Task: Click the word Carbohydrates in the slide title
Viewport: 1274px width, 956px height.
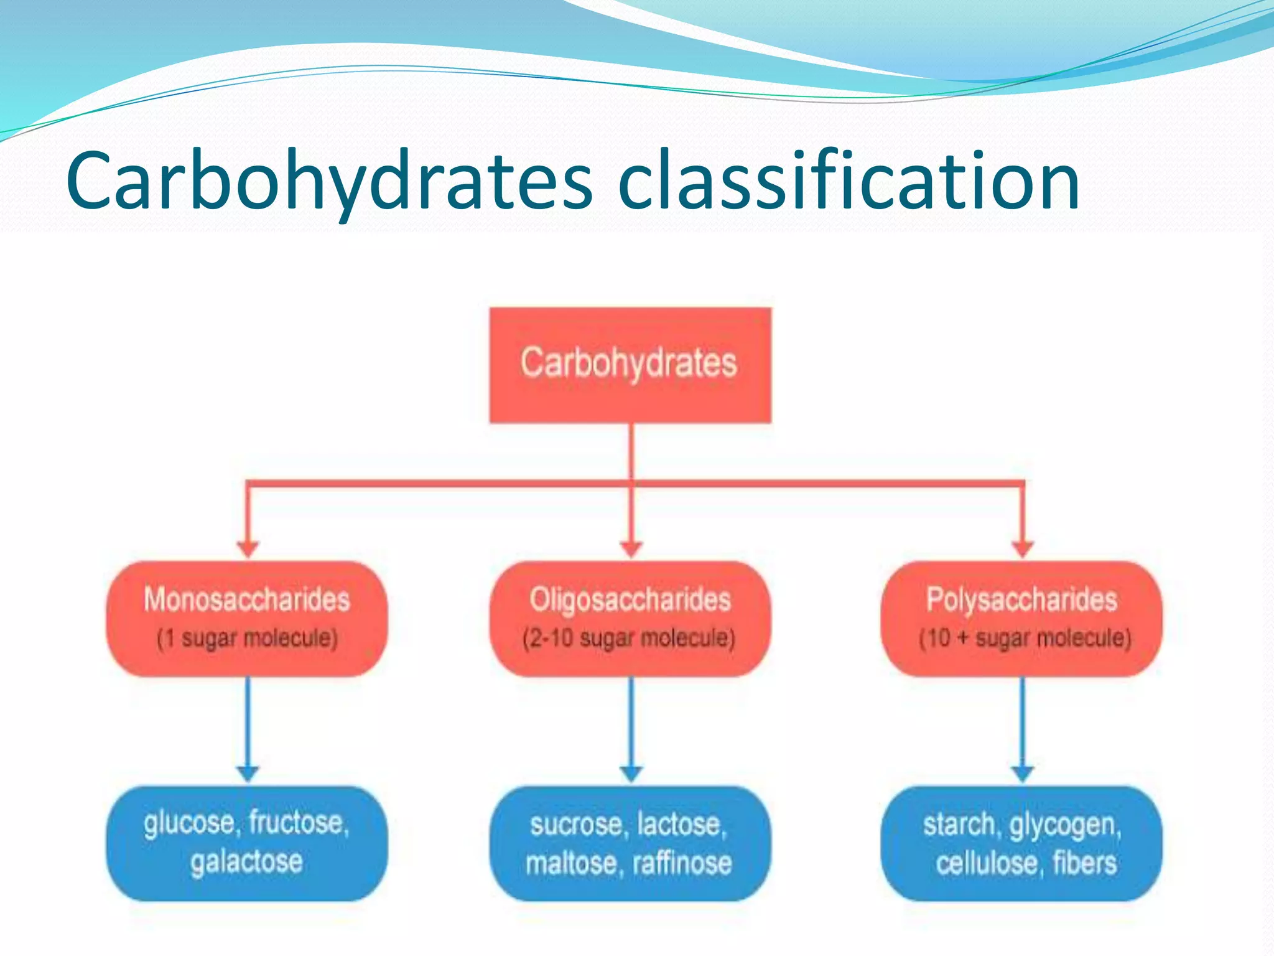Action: pyautogui.click(x=330, y=182)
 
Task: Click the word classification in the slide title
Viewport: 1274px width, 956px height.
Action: pyautogui.click(x=849, y=182)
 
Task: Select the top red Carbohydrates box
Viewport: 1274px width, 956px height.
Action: pyautogui.click(x=630, y=365)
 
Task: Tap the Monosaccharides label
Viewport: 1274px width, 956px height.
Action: pyautogui.click(x=247, y=599)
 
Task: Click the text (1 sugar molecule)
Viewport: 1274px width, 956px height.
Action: pyautogui.click(x=247, y=639)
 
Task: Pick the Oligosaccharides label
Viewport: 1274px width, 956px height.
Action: pyautogui.click(x=630, y=599)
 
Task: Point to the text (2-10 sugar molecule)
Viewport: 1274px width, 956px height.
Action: pyautogui.click(x=629, y=639)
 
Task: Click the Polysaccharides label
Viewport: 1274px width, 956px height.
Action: pyautogui.click(x=1021, y=599)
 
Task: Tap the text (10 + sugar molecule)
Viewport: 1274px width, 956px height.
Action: pyautogui.click(x=1025, y=639)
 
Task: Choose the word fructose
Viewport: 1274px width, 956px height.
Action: pyautogui.click(x=299, y=823)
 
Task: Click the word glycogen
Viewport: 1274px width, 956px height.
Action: pyautogui.click(x=1065, y=825)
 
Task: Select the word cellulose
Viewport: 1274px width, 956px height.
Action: pyautogui.click(x=987, y=863)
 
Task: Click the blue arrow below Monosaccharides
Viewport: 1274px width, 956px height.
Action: pyautogui.click(x=248, y=728)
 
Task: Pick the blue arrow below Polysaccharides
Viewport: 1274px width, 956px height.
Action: pyautogui.click(x=1022, y=728)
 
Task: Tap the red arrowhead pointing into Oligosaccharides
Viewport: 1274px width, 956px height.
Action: pyautogui.click(x=631, y=548)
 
